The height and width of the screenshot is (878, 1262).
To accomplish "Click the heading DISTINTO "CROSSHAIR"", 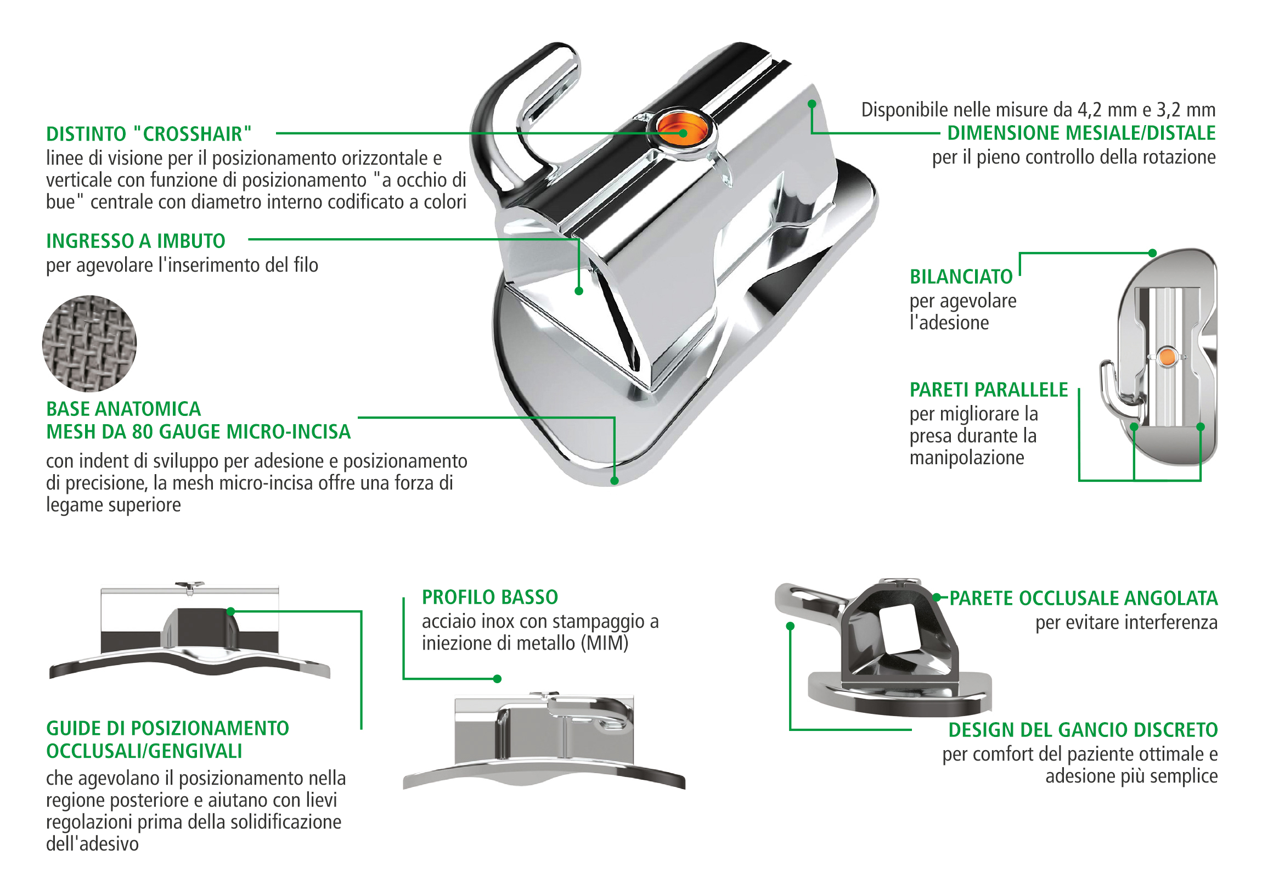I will pos(148,133).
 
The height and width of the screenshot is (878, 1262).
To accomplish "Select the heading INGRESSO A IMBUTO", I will pos(135,241).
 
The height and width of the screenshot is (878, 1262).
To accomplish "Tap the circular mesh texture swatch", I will pos(89,344).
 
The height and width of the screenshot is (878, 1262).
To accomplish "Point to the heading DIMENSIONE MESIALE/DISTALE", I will pos(1081,133).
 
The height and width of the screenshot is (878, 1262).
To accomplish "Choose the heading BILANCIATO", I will pos(961,277).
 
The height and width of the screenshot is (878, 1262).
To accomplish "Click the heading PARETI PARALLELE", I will pos(988,390).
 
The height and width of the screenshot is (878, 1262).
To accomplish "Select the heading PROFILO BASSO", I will pos(490,597).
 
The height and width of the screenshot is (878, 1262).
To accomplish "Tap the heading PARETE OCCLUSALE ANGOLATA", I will pos(1083,598).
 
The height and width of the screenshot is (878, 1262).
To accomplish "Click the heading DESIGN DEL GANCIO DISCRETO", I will pos(1083,730).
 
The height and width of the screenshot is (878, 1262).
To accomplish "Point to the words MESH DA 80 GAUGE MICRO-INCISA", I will pos(198,432).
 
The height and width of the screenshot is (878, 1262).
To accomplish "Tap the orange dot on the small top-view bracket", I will pos(1167,357).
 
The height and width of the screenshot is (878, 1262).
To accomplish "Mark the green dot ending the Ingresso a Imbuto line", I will pos(579,291).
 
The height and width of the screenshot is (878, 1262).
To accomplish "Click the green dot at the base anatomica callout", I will pos(615,481).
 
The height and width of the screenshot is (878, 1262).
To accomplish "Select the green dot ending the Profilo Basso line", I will pos(498,679).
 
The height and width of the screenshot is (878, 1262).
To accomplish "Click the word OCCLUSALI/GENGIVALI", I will pos(144,751).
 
